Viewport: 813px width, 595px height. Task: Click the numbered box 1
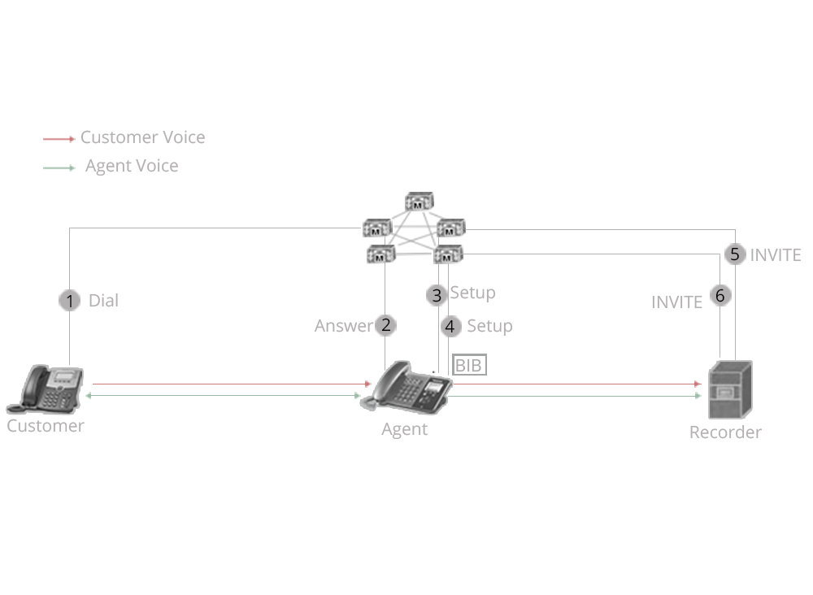69,300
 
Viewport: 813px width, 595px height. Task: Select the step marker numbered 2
385,325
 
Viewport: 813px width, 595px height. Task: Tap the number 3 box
437,294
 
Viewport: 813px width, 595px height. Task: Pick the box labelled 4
450,326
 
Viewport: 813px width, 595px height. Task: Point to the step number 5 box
735,254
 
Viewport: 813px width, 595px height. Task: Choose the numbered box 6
720,296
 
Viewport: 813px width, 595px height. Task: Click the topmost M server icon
419,202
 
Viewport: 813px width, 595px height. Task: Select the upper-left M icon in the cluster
376,228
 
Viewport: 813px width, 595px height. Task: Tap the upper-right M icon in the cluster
451,228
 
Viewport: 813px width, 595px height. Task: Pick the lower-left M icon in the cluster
380,254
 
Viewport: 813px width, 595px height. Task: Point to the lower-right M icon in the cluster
448,254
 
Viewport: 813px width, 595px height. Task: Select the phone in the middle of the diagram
409,388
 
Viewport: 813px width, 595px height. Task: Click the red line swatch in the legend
59,139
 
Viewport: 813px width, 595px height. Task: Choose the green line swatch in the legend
59,167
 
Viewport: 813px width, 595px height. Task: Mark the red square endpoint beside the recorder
698,384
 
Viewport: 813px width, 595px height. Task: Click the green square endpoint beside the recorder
698,396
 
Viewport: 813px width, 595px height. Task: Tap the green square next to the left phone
88,395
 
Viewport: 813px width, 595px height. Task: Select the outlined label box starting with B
469,365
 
